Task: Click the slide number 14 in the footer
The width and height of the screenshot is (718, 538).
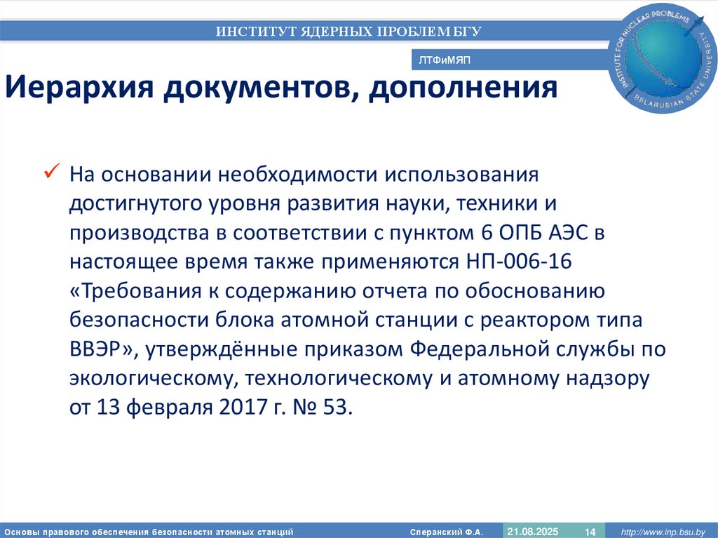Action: tap(590, 532)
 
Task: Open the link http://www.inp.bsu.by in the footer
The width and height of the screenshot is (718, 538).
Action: tap(665, 532)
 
